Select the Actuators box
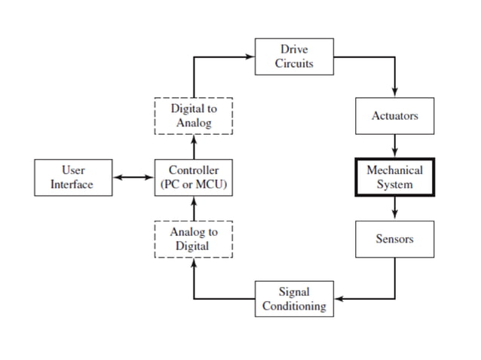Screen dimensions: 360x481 coord(394,117)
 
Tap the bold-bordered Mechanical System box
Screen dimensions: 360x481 coord(394,177)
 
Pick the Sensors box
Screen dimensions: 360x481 coord(394,239)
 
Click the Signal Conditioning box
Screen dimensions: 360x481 coord(294,299)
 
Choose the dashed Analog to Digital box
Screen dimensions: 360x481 coord(194,239)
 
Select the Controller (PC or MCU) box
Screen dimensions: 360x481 coord(194,177)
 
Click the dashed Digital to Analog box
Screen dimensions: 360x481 coord(194,116)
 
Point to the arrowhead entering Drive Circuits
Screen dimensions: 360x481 coord(251,56)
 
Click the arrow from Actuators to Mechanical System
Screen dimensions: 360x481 coord(394,145)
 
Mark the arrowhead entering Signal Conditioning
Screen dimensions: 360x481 coord(337,299)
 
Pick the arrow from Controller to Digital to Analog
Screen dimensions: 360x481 coord(194,146)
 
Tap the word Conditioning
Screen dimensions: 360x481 coord(294,306)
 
